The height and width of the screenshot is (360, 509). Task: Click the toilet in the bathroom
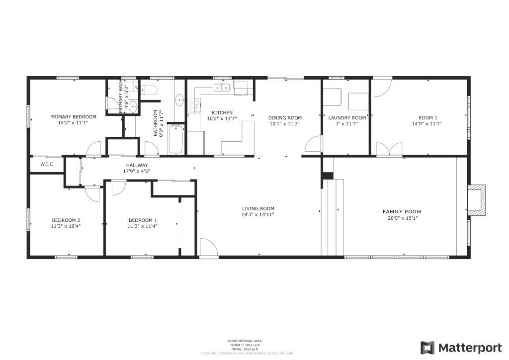(150, 90)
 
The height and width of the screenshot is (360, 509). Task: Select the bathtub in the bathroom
(176, 140)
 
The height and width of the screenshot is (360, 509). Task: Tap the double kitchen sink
(222, 88)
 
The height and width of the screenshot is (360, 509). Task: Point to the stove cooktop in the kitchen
(194, 104)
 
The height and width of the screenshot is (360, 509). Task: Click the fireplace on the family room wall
(476, 200)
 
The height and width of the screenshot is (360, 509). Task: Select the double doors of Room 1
(389, 149)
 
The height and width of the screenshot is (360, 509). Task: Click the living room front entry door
(208, 248)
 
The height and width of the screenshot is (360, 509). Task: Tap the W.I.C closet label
(46, 164)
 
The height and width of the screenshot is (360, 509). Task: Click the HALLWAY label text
(136, 165)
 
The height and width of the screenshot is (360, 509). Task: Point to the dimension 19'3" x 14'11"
(258, 215)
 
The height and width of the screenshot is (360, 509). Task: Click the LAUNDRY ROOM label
(347, 118)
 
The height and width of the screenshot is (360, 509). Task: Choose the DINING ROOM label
(285, 118)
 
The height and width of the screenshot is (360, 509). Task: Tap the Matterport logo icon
(427, 347)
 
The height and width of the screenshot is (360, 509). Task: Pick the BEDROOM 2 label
(66, 220)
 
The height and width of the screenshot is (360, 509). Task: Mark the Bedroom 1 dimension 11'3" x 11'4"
(143, 226)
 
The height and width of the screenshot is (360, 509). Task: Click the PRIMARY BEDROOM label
(73, 117)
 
